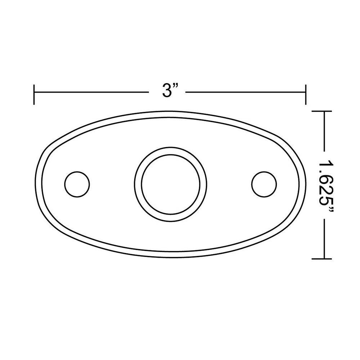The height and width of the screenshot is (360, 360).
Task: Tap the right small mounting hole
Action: click(264, 184)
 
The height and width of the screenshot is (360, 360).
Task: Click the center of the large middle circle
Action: click(171, 184)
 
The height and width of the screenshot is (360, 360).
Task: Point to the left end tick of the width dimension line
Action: click(34, 94)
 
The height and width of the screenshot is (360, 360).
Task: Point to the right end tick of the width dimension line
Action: click(306, 94)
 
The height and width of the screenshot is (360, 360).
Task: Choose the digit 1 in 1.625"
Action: click(326, 161)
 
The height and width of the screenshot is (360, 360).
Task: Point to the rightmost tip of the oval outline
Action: click(306, 184)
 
